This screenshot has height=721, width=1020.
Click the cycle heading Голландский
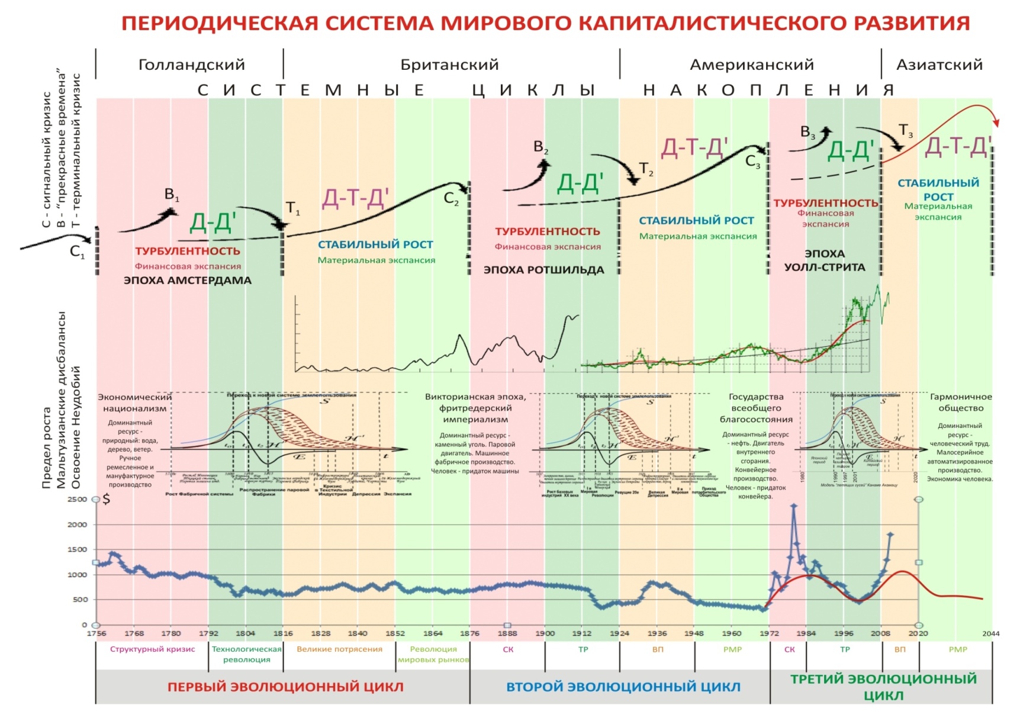(191, 65)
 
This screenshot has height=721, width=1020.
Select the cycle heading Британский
(449, 65)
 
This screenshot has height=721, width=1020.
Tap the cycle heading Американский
(752, 65)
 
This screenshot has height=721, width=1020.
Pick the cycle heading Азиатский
(939, 65)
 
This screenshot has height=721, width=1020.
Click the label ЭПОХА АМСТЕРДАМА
(187, 281)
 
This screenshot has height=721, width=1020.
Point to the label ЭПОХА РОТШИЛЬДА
(543, 270)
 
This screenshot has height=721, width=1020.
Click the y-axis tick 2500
(77, 499)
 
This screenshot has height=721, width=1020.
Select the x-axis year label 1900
(545, 633)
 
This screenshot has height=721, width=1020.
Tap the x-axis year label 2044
(990, 633)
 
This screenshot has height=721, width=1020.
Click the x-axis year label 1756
(96, 633)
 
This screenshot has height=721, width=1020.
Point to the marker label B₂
(540, 147)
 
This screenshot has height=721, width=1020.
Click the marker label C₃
(752, 161)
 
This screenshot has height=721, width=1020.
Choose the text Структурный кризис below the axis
(152, 649)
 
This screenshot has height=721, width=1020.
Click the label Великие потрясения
(339, 649)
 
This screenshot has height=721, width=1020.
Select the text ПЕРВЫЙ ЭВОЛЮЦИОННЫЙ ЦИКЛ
(285, 687)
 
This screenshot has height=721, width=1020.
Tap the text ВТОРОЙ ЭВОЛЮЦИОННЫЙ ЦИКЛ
(623, 687)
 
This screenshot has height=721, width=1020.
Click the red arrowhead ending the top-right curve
(996, 123)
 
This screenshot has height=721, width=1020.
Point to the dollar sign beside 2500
(107, 499)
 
